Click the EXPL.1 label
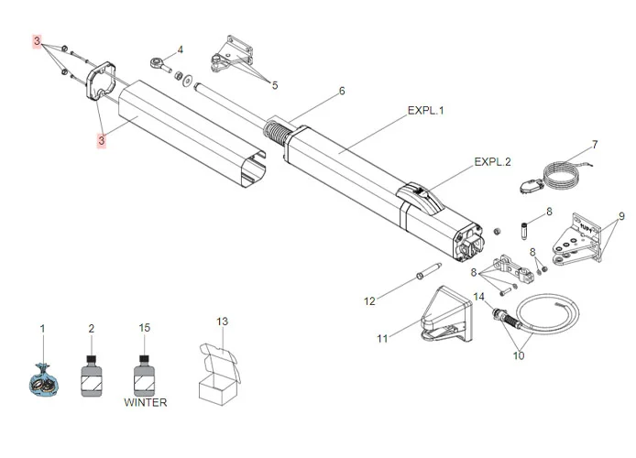(x=425, y=110)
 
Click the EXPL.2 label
(x=492, y=162)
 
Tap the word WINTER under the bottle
(x=146, y=402)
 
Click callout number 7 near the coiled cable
(x=594, y=144)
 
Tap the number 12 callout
(x=369, y=300)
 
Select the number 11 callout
(x=382, y=339)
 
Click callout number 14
(x=478, y=297)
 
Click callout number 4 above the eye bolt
(x=181, y=49)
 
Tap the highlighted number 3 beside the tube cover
(x=103, y=140)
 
